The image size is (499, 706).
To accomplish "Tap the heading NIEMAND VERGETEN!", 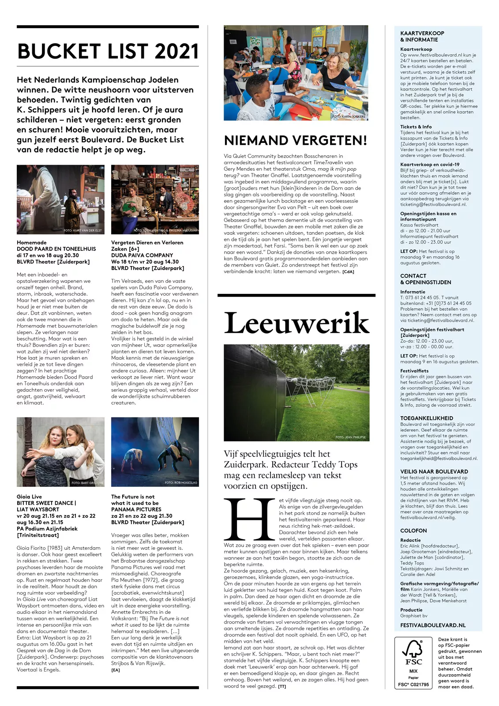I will coord(296,141).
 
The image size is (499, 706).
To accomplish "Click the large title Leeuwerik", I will coord(296,323).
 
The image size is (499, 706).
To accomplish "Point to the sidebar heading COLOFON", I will coord(413,530).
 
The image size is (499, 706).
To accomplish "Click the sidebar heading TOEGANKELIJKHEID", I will coord(427,418).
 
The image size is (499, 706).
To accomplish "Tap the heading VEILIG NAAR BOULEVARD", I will coord(434,471).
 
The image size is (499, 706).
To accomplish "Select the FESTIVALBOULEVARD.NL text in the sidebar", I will coord(433,625).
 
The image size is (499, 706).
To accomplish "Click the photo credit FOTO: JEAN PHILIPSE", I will coord(350,437).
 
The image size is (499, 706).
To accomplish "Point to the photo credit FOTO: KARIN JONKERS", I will coord(349,116).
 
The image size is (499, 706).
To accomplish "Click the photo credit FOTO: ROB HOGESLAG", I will coord(181,483).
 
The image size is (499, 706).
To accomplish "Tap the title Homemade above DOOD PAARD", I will coord(32,242).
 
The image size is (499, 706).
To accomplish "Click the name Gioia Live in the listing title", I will coord(29,496).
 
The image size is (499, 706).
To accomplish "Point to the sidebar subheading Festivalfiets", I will coord(414,371).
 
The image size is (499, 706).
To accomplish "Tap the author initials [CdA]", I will coord(348,272).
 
